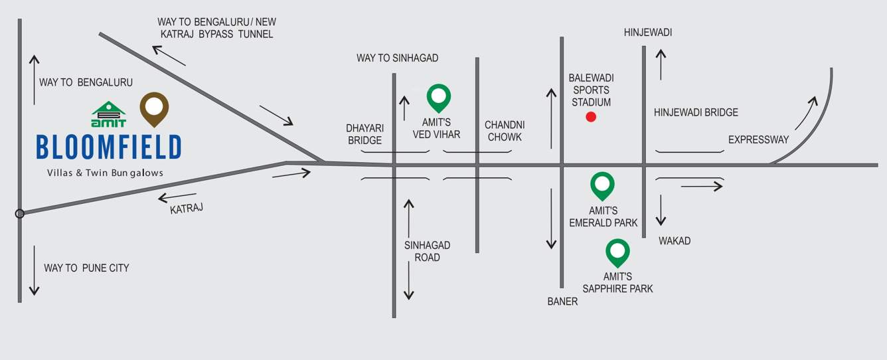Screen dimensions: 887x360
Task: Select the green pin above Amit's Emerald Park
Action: pos(602,186)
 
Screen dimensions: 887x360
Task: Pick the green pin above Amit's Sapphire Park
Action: pos(617,253)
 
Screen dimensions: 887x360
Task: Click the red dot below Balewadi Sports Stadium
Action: pos(591,117)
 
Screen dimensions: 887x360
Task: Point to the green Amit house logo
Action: pos(108,114)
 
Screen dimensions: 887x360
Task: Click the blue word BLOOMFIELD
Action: pos(109,147)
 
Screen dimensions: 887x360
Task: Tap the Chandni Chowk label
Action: pos(505,131)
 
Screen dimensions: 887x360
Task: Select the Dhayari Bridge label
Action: pos(364,134)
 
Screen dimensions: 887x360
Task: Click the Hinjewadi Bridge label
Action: pos(696,112)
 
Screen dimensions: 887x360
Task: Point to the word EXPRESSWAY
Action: pos(758,139)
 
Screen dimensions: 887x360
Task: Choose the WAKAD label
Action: pos(675,241)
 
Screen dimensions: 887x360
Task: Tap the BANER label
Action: pos(562,302)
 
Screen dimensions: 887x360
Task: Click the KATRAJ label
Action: pos(187,209)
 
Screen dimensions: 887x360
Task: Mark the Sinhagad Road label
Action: pos(427,252)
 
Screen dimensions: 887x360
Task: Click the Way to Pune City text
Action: pos(86,268)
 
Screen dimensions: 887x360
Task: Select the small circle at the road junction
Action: pos(20,214)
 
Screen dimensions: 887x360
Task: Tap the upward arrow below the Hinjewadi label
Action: pos(661,64)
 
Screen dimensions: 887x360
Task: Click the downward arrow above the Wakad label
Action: pos(661,211)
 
